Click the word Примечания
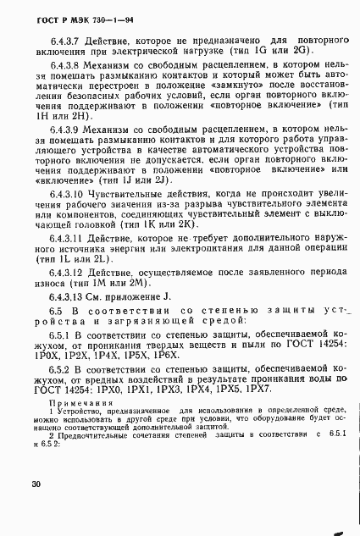click(x=71, y=426)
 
